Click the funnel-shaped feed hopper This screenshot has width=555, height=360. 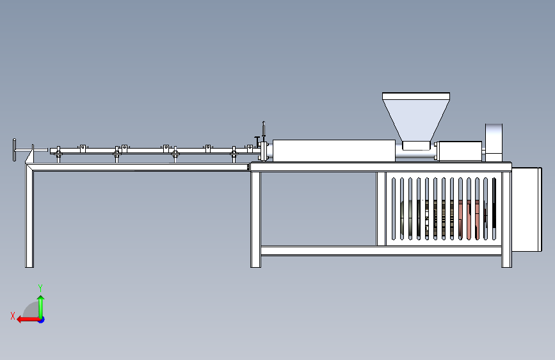[415, 115]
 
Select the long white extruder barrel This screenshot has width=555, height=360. [333, 151]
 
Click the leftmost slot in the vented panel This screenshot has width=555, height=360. [393, 209]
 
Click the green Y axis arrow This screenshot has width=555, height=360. [41, 304]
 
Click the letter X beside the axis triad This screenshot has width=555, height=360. [12, 316]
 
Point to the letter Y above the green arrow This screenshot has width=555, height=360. [40, 288]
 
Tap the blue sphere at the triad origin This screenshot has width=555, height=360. [41, 319]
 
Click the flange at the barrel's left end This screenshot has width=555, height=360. [263, 152]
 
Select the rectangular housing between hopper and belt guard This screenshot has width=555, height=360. [458, 151]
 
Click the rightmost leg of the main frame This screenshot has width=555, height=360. [506, 218]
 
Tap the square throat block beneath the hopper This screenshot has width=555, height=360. [415, 145]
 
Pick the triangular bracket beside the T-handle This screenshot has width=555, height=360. [29, 154]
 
